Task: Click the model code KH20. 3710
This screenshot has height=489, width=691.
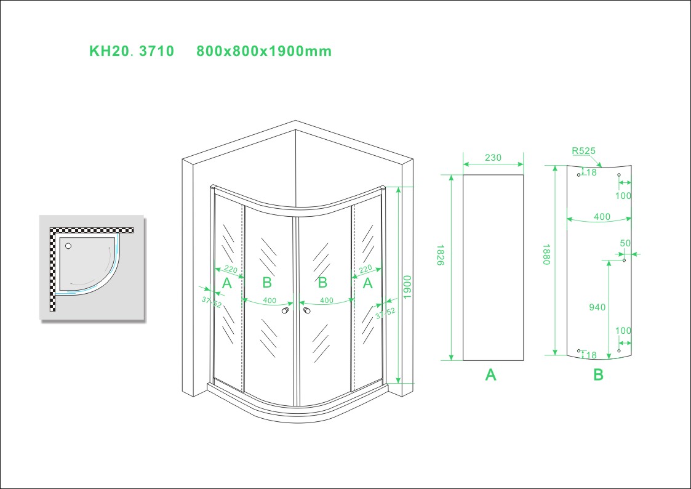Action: [x=132, y=51]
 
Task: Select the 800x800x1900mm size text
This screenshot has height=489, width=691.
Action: [x=263, y=51]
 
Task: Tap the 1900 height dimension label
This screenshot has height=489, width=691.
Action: [x=407, y=286]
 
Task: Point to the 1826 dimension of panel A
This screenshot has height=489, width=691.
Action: [x=440, y=255]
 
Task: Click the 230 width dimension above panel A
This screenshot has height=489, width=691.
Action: [x=493, y=158]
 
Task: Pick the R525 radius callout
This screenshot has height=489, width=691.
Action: [x=583, y=151]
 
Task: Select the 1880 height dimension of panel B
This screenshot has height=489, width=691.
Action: [x=546, y=254]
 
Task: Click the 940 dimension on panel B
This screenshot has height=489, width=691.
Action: [x=597, y=307]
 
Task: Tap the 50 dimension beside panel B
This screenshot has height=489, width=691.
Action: [x=625, y=243]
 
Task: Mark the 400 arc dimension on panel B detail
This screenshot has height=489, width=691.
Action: [x=602, y=217]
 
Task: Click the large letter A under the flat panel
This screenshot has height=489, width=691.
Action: [x=490, y=375]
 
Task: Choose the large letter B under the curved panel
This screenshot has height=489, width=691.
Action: [x=598, y=375]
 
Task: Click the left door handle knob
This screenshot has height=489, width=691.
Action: [x=286, y=311]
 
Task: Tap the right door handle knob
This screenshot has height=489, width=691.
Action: [x=306, y=311]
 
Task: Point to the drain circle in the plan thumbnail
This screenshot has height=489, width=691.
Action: [x=68, y=246]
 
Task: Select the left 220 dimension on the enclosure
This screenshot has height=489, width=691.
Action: [x=231, y=269]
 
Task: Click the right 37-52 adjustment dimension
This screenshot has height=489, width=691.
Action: [x=386, y=313]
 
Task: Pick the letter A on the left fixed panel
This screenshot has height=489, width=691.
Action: [x=227, y=283]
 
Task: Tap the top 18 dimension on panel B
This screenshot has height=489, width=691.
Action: [x=591, y=172]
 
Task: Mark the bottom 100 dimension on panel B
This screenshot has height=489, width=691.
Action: [x=623, y=330]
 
